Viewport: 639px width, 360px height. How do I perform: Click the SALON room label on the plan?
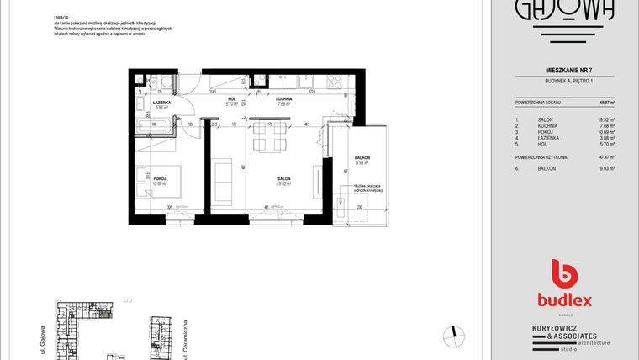pyautogui.click(x=284, y=178)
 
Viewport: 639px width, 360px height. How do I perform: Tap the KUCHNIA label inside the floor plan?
pyautogui.click(x=283, y=99)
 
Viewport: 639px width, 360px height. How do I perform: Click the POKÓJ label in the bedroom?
pyautogui.click(x=160, y=177)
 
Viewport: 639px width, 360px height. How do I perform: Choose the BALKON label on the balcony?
pyautogui.click(x=362, y=158)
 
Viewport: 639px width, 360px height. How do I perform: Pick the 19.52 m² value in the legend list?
pyautogui.click(x=605, y=119)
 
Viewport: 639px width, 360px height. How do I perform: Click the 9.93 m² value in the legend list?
pyautogui.click(x=605, y=169)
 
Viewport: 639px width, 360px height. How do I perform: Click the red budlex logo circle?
pyautogui.click(x=563, y=275)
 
